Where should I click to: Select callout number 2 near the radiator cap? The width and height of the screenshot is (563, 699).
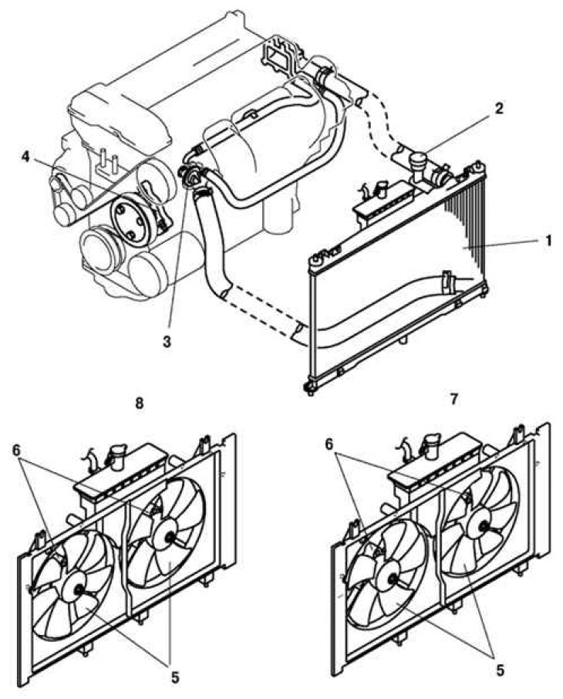[499, 108]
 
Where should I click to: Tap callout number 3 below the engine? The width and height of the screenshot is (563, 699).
[167, 342]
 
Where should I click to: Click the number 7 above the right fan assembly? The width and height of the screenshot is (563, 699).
[453, 399]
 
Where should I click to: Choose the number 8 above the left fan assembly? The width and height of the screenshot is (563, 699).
[139, 403]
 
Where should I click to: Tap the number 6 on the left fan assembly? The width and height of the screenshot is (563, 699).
[16, 451]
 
